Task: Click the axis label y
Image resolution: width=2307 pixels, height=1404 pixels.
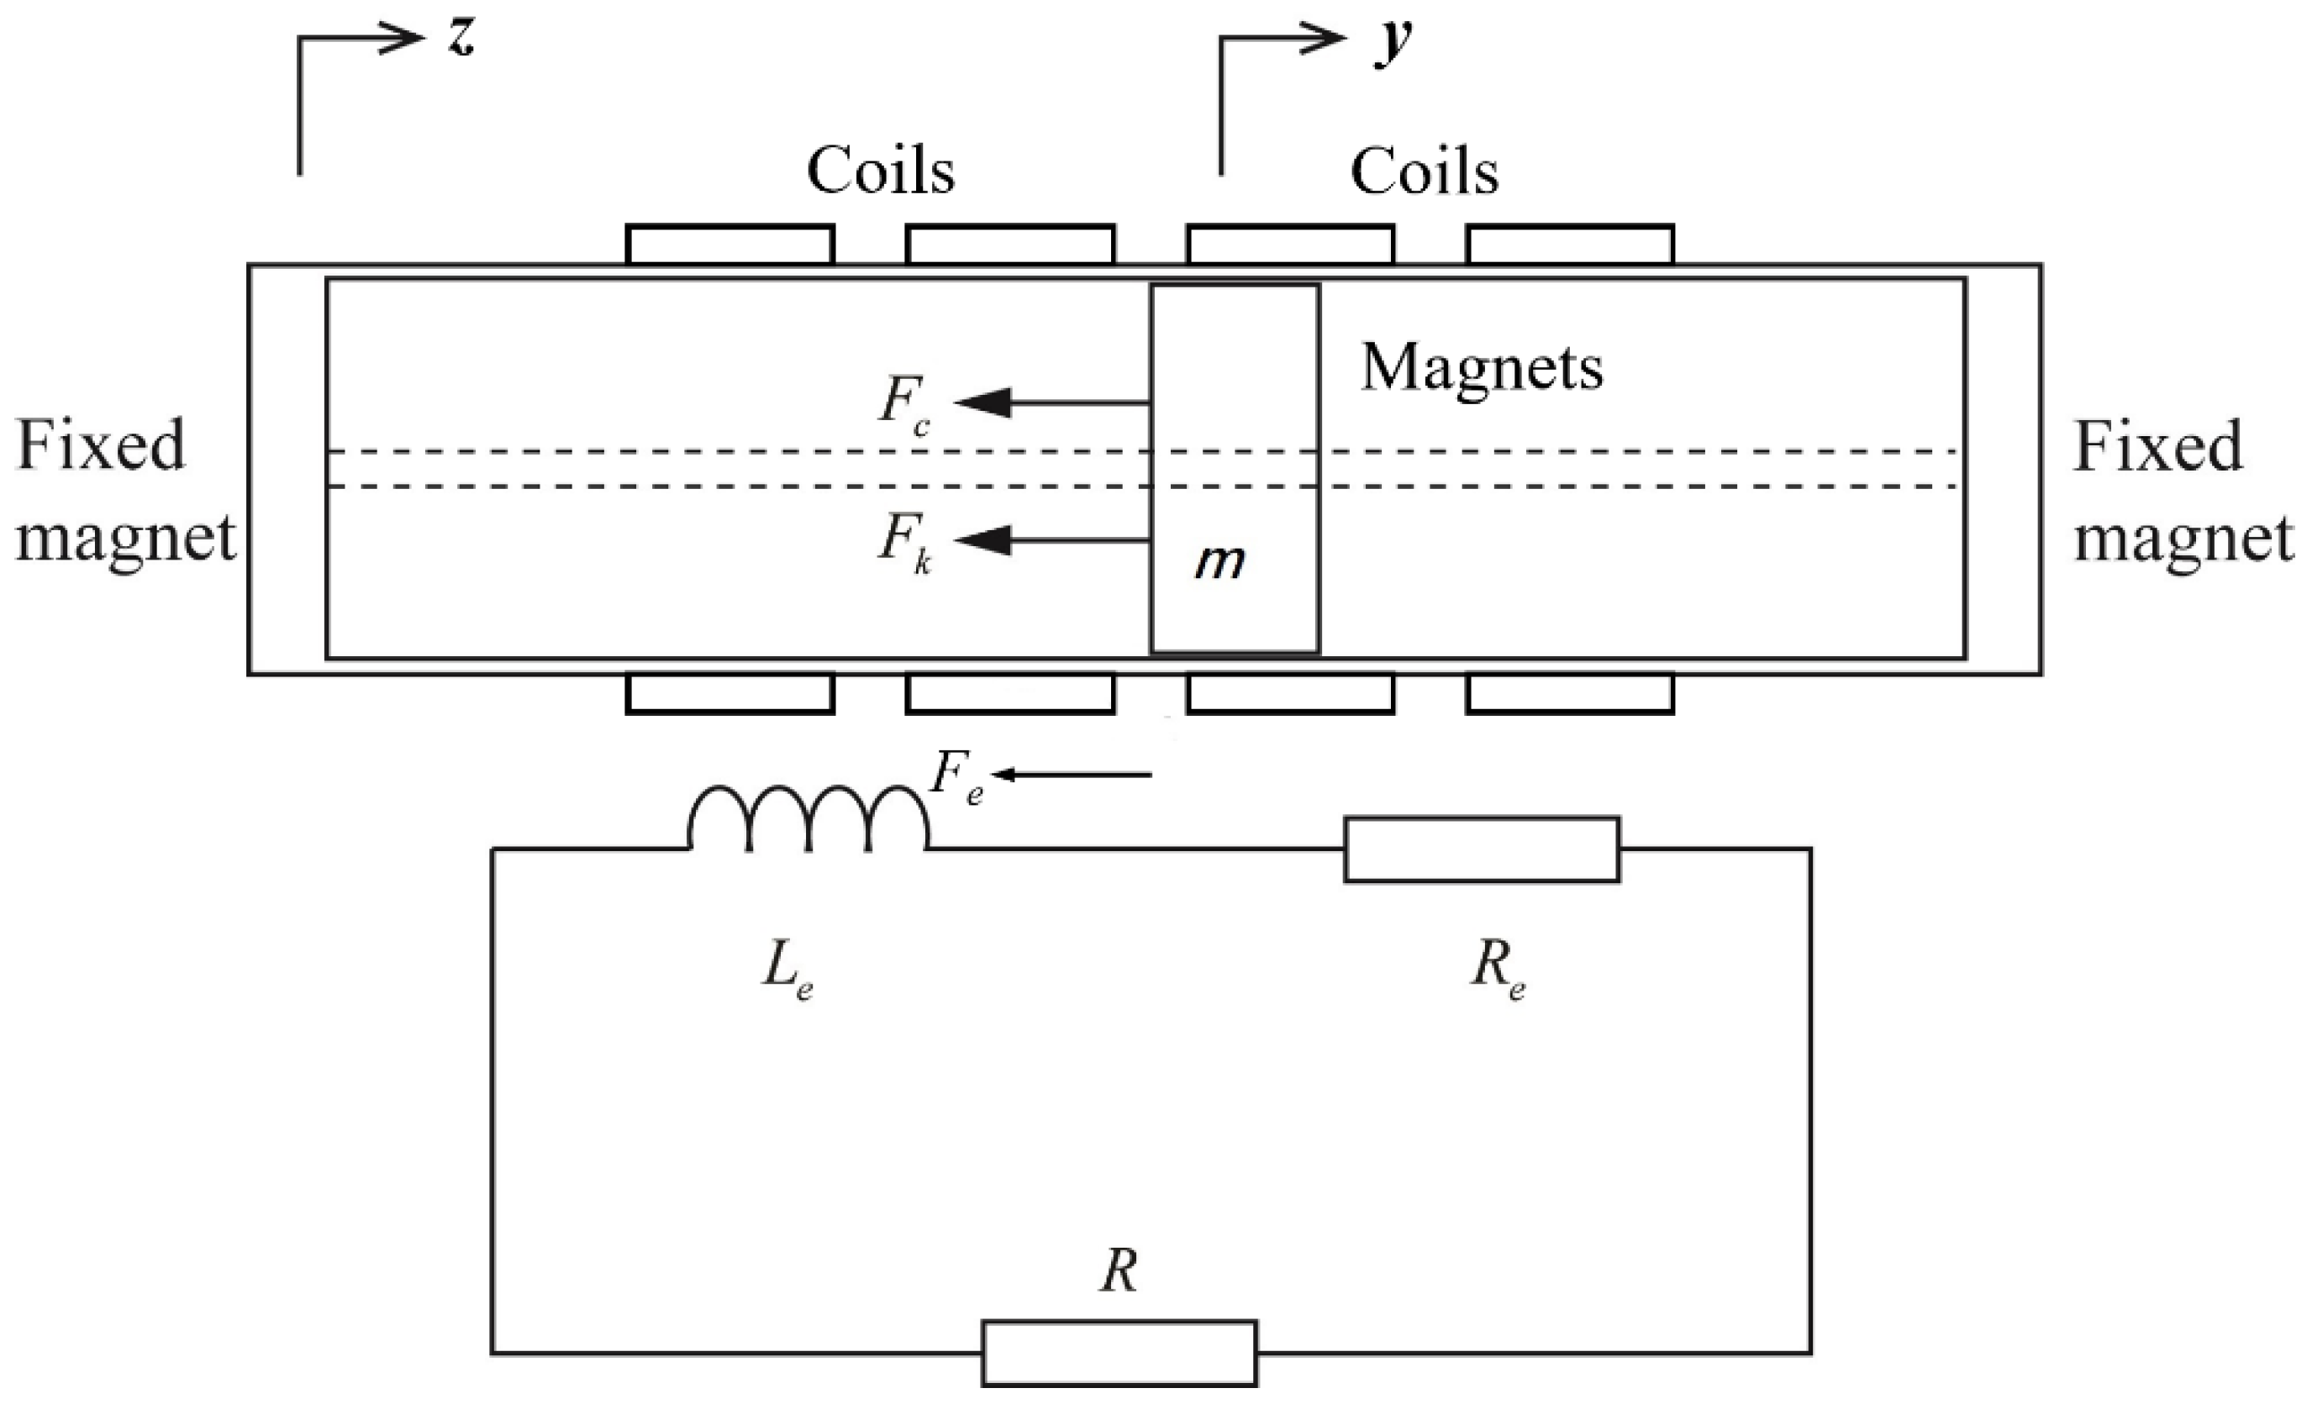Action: pyautogui.click(x=1393, y=43)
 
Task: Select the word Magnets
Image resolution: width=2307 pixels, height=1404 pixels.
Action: pyautogui.click(x=1481, y=367)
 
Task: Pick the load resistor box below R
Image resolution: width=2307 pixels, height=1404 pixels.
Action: pyautogui.click(x=1119, y=1353)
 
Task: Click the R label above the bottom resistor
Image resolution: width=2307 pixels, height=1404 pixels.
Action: pyautogui.click(x=1119, y=1273)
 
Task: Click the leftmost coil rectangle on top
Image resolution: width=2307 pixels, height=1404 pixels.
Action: pyautogui.click(x=729, y=245)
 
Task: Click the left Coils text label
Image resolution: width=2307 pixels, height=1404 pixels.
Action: pyautogui.click(x=880, y=172)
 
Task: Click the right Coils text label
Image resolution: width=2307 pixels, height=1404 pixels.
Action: pyautogui.click(x=1423, y=172)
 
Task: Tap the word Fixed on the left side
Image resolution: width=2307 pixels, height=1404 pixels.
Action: pyautogui.click(x=101, y=445)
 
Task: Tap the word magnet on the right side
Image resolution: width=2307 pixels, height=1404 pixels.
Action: pyautogui.click(x=2183, y=539)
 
